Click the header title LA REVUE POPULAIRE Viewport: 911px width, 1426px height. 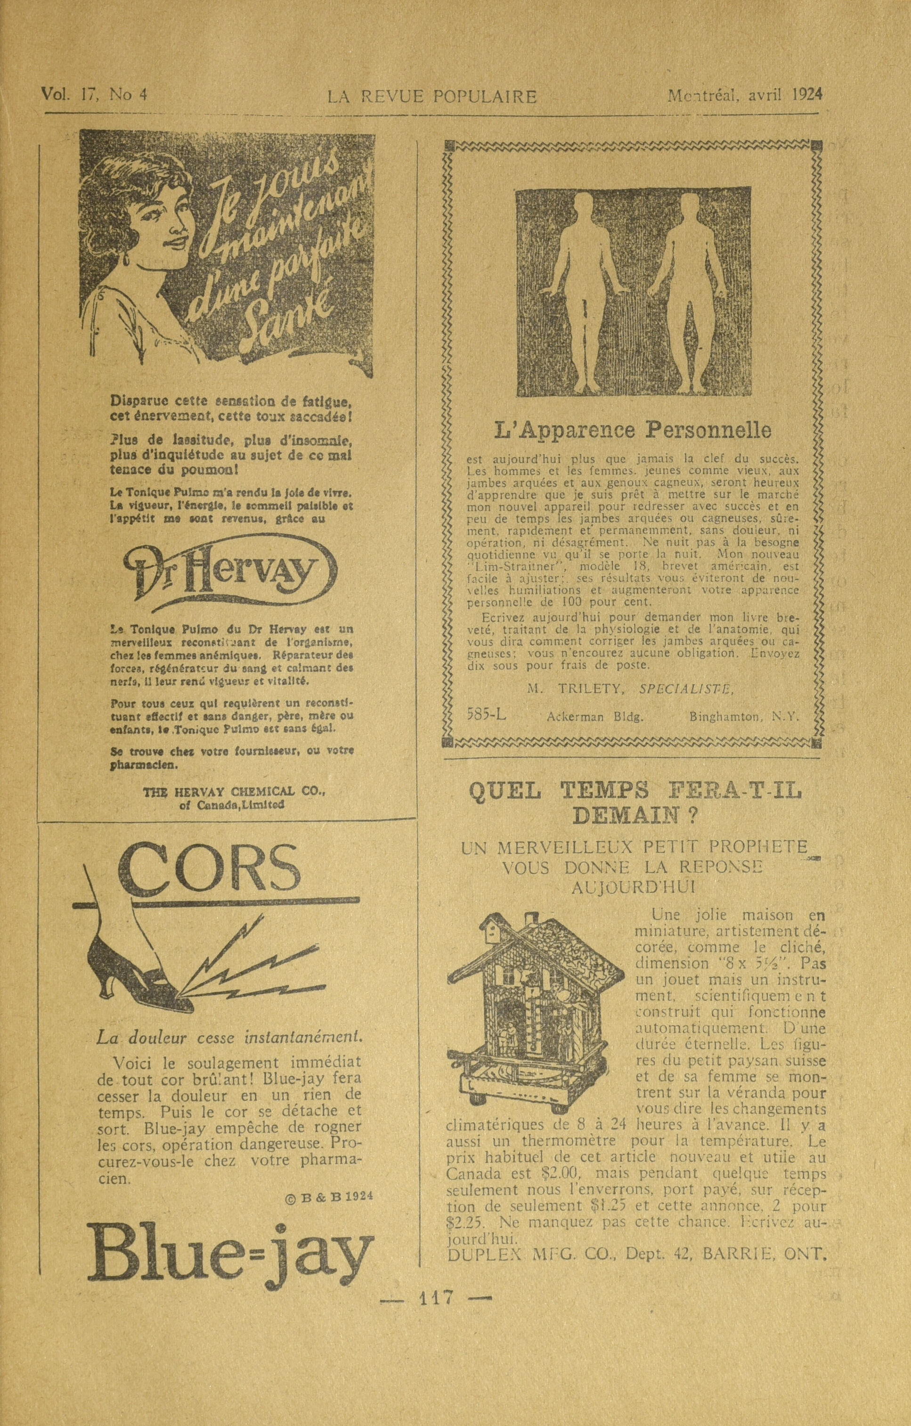click(432, 97)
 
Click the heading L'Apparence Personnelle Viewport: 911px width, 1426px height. click(632, 430)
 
